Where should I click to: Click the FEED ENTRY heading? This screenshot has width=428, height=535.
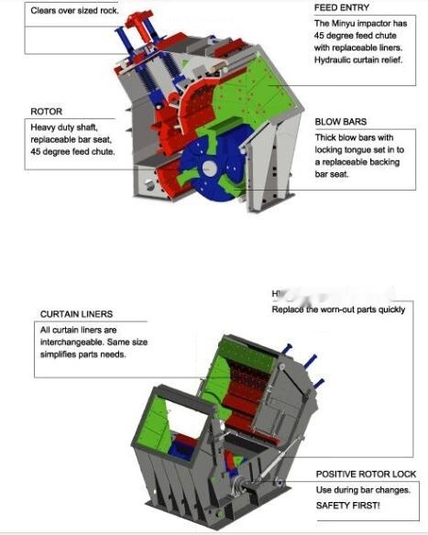342,7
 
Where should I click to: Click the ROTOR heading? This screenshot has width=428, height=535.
46,112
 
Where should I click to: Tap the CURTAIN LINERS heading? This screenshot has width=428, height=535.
78,314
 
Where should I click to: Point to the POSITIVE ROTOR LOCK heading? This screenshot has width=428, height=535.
366,474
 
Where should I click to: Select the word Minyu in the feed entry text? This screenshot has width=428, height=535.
345,23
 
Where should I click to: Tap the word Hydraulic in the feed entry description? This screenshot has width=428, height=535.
336,60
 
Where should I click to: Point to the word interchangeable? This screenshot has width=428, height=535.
71,342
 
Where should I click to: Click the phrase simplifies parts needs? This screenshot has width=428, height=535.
81,355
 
